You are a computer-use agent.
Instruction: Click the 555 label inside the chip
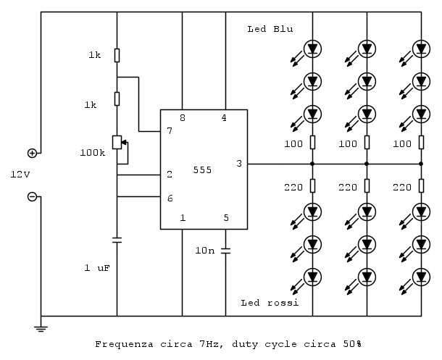click(x=203, y=169)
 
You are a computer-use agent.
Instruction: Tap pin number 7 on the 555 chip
click(x=170, y=131)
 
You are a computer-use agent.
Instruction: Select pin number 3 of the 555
click(x=239, y=164)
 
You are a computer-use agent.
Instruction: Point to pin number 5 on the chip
click(x=226, y=217)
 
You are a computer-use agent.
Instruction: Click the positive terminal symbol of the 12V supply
click(x=32, y=153)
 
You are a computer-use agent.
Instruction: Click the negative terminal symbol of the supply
click(x=32, y=196)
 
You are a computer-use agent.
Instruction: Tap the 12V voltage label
click(x=20, y=175)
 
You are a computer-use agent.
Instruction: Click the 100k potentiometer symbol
click(x=117, y=142)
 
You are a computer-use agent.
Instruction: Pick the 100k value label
click(x=92, y=153)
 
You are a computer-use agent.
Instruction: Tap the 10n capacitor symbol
click(x=225, y=251)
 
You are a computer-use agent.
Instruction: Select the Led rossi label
click(x=270, y=302)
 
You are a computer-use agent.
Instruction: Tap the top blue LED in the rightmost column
click(x=422, y=50)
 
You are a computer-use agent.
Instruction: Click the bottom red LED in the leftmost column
click(x=312, y=276)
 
